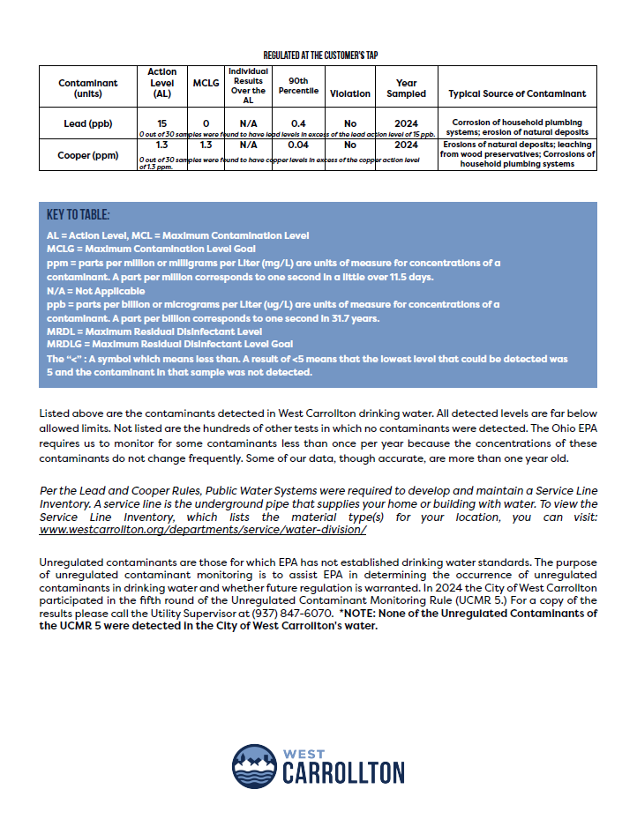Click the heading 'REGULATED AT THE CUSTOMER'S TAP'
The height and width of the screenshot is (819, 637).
320,55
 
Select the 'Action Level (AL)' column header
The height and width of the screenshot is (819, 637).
161,83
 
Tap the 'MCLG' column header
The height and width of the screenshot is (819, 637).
206,83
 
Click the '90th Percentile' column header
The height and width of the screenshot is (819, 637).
298,84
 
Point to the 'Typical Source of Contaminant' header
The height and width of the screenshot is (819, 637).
517,93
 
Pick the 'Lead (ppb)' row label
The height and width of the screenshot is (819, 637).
88,123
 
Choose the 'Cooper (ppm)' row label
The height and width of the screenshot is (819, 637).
88,155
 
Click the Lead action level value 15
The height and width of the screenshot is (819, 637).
161,123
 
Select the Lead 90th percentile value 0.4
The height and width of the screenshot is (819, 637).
298,123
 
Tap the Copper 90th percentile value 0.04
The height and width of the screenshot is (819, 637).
298,144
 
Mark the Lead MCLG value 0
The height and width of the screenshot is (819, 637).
206,123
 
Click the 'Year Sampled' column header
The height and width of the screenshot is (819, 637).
406,88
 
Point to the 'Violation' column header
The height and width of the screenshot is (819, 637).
350,93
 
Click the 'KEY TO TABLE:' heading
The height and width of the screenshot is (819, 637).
79,215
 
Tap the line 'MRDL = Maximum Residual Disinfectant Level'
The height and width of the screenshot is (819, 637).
154,331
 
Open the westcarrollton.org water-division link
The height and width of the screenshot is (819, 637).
203,530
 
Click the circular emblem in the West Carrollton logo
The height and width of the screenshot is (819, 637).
254,766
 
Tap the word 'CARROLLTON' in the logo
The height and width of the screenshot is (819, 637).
343,774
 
